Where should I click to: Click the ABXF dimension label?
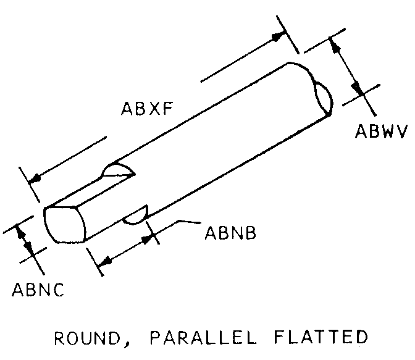pyautogui.click(x=147, y=108)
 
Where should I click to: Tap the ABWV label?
pyautogui.click(x=381, y=131)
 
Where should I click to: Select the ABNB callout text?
pyautogui.click(x=230, y=233)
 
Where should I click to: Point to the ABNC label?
pyautogui.click(x=38, y=290)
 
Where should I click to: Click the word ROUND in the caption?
pyautogui.click(x=87, y=338)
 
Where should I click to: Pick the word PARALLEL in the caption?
pyautogui.click(x=203, y=337)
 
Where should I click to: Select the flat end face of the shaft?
pyautogui.click(x=65, y=225)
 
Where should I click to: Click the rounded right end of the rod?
pyautogui.click(x=324, y=98)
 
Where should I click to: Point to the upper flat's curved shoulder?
pyautogui.click(x=117, y=169)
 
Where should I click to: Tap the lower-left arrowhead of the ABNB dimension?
pyautogui.click(x=105, y=261)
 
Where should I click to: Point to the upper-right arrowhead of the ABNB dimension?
pyautogui.click(x=147, y=239)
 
